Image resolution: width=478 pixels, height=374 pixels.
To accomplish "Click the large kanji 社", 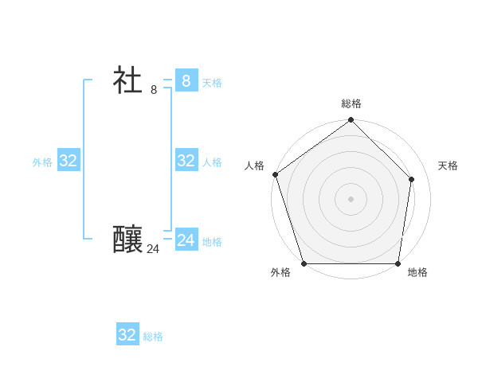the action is (127, 80).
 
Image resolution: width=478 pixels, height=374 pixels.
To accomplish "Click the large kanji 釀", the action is (127, 240).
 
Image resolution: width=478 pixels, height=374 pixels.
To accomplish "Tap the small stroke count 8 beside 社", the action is (154, 90).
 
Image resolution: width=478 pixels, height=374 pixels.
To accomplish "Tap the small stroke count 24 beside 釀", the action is (153, 249).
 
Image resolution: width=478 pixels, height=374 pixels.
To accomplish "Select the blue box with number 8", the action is (186, 80).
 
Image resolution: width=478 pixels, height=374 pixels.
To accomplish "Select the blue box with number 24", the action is (186, 240).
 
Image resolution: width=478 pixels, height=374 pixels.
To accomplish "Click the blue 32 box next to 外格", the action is (69, 161).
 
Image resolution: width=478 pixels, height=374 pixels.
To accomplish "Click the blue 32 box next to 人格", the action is (186, 161).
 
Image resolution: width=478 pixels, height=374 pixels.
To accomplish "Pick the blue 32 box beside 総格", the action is (127, 335).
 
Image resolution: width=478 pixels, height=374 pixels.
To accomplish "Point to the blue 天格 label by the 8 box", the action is (212, 83).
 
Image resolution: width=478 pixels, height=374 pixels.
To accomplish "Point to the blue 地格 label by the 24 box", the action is (212, 242).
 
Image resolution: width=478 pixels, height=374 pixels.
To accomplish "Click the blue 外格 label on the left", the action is (42, 162).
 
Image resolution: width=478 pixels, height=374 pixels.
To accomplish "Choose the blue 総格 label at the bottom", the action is (153, 337).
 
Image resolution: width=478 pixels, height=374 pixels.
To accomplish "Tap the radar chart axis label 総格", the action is (351, 103).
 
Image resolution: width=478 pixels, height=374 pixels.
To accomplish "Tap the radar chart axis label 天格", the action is (448, 166).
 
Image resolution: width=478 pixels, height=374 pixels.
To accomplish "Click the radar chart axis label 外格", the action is (280, 273).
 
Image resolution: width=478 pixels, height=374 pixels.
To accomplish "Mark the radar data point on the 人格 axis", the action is (275, 174).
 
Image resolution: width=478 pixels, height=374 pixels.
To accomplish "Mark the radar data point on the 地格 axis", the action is (398, 263).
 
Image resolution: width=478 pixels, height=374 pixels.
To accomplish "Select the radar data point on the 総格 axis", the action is (351, 120).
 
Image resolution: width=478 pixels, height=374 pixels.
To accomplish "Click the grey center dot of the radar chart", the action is (351, 198).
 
